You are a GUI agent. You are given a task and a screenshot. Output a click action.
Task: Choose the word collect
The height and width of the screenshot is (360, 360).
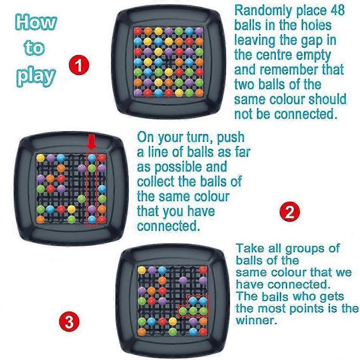coord(157,181)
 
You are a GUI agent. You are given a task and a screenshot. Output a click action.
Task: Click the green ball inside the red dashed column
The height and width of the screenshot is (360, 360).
coord(92,168)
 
